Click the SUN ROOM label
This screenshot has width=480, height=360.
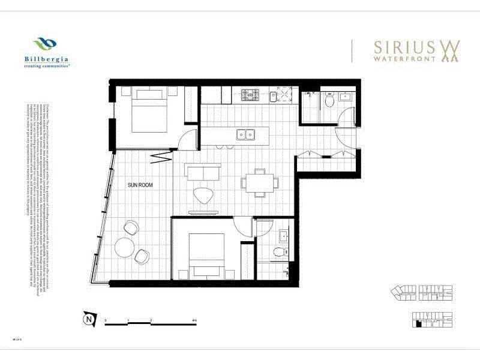139,185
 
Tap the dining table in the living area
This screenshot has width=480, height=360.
260,181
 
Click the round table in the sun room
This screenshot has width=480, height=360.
124,247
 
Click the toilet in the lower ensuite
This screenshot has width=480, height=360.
278,251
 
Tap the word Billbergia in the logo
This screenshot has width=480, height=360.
46,59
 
